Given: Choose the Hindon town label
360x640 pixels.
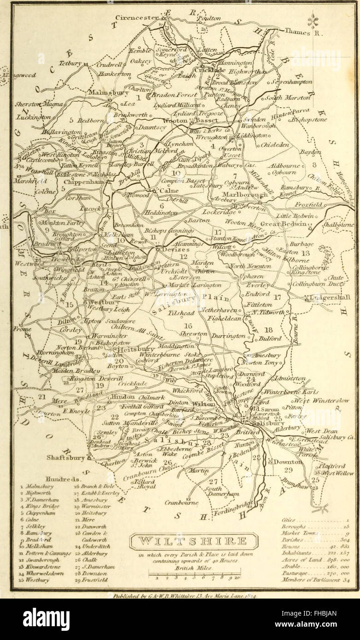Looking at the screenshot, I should click(x=122, y=396).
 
